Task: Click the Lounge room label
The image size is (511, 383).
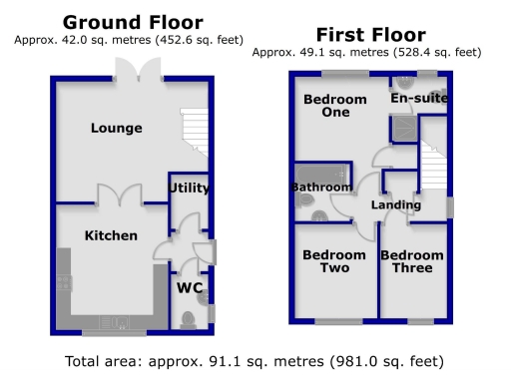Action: [x=117, y=128]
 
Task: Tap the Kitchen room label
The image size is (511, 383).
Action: [x=111, y=235]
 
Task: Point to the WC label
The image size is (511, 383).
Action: [x=190, y=288]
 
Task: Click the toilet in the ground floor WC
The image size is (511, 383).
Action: [x=188, y=318]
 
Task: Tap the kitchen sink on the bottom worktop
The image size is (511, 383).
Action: [x=111, y=322]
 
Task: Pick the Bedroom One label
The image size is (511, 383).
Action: [x=327, y=106]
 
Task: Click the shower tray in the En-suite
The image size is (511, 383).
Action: [x=404, y=126]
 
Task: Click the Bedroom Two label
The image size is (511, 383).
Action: [x=327, y=261]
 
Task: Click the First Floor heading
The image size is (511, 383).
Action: [x=370, y=34]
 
